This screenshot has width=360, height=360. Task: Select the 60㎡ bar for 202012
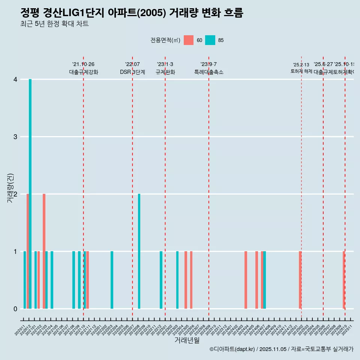28,251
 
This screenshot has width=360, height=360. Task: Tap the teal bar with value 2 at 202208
139,251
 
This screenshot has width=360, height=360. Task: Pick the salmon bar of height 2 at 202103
44,251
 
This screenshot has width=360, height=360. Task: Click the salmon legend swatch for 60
189,40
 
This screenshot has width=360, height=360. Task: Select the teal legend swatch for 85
210,40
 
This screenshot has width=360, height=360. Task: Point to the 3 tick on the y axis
15,137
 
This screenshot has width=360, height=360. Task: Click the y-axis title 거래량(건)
10,188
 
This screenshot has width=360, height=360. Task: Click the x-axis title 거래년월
187,340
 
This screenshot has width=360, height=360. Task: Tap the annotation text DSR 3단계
132,72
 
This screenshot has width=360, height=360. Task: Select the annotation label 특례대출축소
208,72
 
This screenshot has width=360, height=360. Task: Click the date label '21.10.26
83,64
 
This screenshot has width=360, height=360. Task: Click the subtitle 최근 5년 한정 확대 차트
54,24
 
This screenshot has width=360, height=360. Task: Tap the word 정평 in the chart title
30,13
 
